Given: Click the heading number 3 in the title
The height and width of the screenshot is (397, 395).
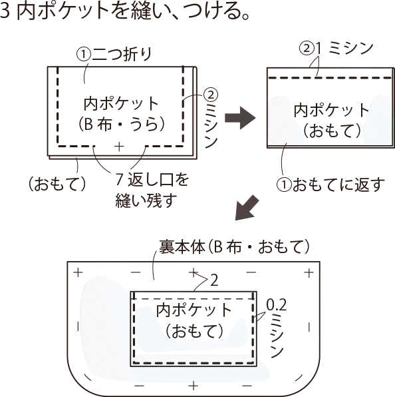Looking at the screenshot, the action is coord(5,11).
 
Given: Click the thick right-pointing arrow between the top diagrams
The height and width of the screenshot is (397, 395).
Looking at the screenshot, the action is coord(240,118).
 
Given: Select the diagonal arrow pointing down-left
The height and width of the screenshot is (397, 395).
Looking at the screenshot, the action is coord(247,208).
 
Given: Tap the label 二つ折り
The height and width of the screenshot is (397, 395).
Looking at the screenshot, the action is coord(122,55).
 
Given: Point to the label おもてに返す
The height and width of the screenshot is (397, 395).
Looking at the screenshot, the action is coord(338,185).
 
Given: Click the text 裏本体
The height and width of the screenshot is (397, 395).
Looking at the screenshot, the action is coord(182,247).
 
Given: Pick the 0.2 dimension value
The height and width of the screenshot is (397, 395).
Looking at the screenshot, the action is coord(277,305).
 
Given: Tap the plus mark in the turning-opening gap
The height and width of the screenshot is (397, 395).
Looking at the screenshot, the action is coord(119,147).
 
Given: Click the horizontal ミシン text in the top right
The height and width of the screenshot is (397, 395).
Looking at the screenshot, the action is coord(350,49).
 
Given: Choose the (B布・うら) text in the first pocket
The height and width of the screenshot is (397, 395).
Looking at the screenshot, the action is coord(122,125).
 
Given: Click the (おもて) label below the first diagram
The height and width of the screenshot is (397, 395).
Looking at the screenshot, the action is coord(57,184).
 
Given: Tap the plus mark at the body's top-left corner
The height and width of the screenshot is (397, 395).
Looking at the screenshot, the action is coord(78,272).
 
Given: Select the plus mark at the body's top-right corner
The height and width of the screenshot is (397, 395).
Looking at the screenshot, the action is coord(309,273).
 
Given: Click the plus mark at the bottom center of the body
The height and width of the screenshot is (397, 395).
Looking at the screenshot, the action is coord(193,386).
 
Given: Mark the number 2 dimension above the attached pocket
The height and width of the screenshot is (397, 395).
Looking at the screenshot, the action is coord(214,280).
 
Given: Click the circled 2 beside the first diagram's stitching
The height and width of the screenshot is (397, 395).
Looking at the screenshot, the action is coord(211,95).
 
